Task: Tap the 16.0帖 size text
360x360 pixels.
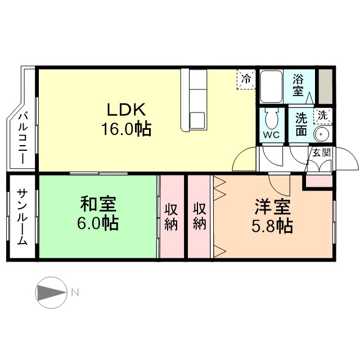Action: click(125, 129)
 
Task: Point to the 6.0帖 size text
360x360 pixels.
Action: click(97, 223)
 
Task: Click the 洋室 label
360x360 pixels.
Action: click(272, 206)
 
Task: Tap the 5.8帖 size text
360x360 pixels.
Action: click(272, 226)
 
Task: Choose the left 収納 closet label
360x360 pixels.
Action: click(172, 216)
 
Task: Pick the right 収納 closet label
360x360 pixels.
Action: click(200, 216)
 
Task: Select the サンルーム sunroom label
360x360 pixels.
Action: click(21, 217)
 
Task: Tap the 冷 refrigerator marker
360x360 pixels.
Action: click(246, 79)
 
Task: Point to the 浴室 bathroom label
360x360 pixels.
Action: click(298, 84)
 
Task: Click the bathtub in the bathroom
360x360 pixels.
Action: click(271, 86)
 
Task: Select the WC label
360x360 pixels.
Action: click(271, 136)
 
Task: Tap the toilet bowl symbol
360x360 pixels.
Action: click(271, 119)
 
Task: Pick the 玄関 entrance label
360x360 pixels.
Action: click(321, 152)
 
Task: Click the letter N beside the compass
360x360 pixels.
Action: click(75, 292)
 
